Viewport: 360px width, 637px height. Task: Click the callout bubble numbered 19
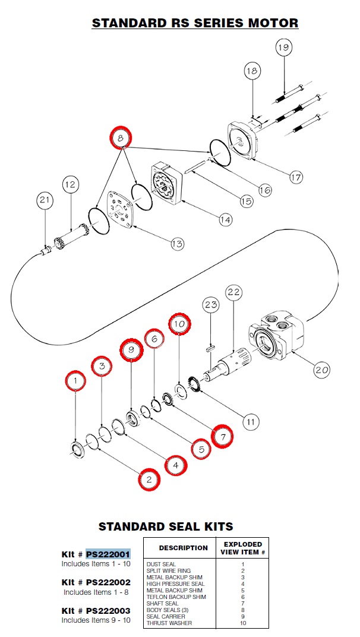tap(284, 47)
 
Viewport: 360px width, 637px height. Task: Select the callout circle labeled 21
tap(45, 200)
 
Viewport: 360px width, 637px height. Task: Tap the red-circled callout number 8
tap(121, 137)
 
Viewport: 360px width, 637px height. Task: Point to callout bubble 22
tap(233, 292)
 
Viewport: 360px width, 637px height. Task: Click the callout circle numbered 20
tap(321, 369)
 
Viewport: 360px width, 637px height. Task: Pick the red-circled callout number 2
tap(149, 479)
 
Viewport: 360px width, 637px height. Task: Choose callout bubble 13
tap(177, 243)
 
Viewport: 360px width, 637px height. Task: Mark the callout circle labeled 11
tap(251, 422)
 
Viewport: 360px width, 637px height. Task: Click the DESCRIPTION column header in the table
tap(183, 548)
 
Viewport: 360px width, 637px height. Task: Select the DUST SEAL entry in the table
tap(162, 564)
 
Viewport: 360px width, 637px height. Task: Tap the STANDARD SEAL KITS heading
tap(165, 526)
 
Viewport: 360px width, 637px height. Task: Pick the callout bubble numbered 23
tap(211, 306)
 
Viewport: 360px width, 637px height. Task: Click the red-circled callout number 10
tap(180, 324)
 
